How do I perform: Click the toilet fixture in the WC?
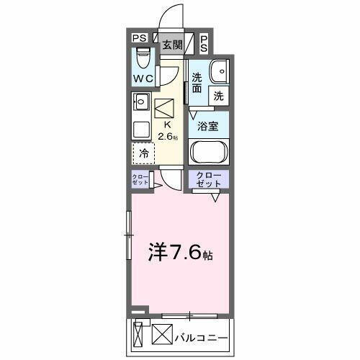tap(141, 57)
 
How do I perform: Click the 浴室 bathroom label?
tap(209, 125)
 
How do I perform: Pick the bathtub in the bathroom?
tap(209, 153)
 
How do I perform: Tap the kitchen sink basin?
tap(140, 102)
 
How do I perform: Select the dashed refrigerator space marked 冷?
tap(143, 153)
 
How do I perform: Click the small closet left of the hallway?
tap(140, 181)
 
